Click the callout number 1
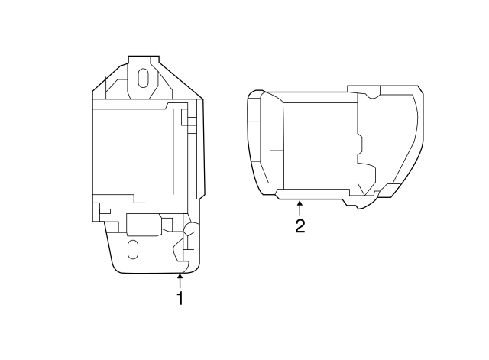tap(180, 299)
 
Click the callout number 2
tap(300, 226)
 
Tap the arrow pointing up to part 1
tap(180, 281)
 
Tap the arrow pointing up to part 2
tap(300, 207)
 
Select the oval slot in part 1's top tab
tap(143, 79)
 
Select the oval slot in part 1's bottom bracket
tap(132, 249)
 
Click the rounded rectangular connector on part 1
tap(144, 224)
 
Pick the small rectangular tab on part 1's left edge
tap(103, 209)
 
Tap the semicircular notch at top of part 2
tap(371, 95)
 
